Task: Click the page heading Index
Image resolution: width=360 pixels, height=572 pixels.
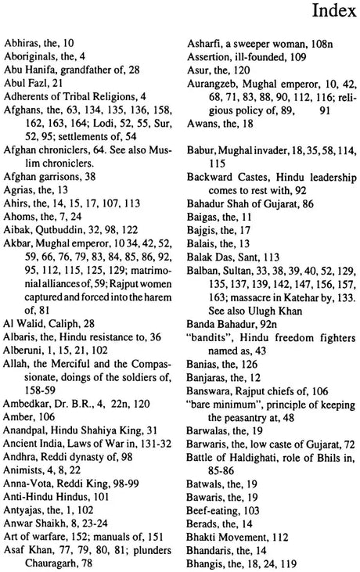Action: (334, 13)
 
